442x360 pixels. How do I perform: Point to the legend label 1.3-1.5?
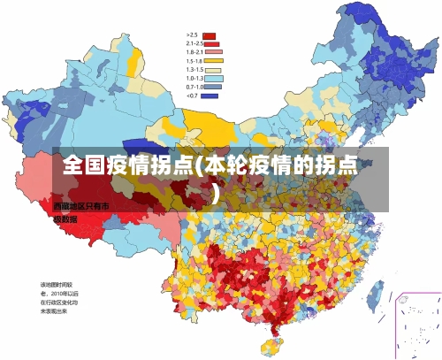click(194, 69)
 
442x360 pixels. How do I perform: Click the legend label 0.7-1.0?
click(194, 87)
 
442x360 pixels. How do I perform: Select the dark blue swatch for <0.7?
click(210, 95)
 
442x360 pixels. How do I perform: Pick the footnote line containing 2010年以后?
click(59, 292)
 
